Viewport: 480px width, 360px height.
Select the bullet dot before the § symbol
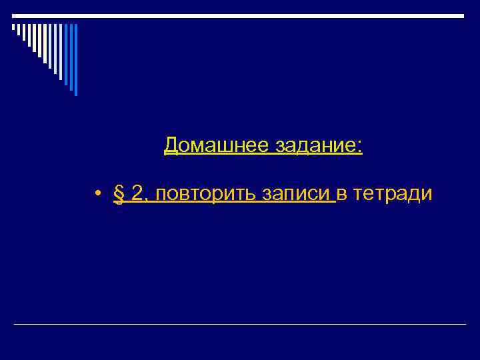point(97,194)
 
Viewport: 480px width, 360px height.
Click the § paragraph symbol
point(120,194)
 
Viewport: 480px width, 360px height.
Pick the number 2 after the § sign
point(138,193)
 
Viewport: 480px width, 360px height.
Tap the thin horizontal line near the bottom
point(240,325)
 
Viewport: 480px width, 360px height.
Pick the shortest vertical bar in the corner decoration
point(13,27)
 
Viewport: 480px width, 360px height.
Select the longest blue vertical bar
point(75,59)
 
